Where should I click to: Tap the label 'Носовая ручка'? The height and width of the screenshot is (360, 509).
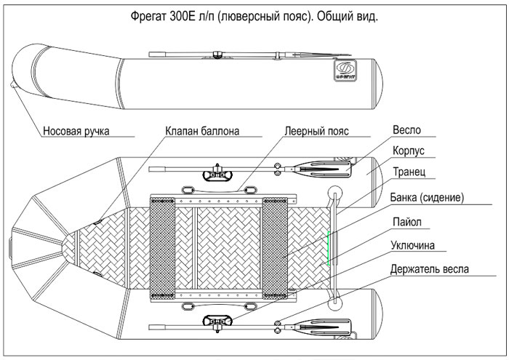[x=76, y=132]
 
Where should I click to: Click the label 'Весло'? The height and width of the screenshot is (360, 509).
[x=406, y=131]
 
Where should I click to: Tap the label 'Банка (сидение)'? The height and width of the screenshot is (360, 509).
[x=427, y=197]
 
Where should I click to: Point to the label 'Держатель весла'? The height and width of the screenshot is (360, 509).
[x=430, y=268]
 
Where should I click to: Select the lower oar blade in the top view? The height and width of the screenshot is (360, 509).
[x=323, y=325]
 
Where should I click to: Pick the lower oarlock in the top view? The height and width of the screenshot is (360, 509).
[x=215, y=322]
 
